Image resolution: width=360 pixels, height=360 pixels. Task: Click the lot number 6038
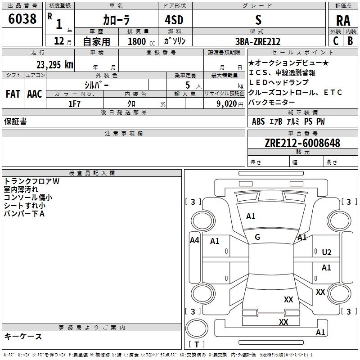(x=22, y=19)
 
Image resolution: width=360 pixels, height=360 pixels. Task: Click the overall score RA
(x=343, y=21)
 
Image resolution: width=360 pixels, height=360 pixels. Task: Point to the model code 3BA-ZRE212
(x=258, y=41)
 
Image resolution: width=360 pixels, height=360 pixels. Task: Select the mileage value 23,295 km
(x=54, y=64)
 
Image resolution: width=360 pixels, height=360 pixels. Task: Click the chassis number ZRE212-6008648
(x=302, y=144)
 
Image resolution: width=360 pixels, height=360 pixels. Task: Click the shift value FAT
(x=13, y=94)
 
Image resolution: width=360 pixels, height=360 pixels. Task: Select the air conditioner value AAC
(x=34, y=94)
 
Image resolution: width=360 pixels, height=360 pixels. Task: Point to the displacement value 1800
(x=137, y=41)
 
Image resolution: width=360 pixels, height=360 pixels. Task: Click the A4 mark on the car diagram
(x=194, y=240)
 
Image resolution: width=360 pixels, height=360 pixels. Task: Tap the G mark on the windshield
(x=257, y=237)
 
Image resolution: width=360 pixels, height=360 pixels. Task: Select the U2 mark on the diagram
(x=327, y=252)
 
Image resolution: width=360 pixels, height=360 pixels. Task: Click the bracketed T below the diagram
(x=197, y=345)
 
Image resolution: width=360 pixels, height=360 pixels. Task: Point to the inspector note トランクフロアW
(x=31, y=181)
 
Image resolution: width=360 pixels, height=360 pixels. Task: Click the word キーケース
(x=23, y=337)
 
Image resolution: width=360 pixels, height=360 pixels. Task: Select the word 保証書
(x=15, y=121)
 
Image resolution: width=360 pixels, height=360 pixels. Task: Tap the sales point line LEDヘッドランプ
(x=279, y=82)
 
